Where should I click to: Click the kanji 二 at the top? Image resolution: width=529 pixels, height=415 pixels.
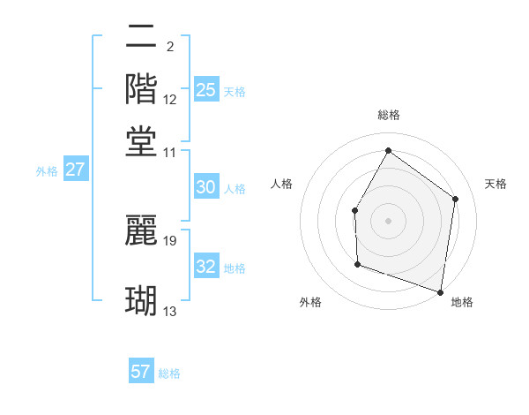(x=141, y=36)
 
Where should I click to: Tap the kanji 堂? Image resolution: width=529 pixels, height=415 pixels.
(x=141, y=140)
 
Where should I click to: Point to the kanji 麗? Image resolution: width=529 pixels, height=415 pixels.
(x=141, y=229)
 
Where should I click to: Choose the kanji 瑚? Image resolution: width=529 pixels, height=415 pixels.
(x=141, y=300)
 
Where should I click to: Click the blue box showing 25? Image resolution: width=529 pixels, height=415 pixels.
(x=206, y=89)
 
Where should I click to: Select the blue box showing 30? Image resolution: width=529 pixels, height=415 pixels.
(x=206, y=187)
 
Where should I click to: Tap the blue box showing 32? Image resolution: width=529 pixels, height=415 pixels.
(x=206, y=267)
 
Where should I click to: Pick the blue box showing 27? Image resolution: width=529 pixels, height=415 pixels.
(x=75, y=170)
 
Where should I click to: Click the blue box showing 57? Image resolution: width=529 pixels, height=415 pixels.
(x=141, y=372)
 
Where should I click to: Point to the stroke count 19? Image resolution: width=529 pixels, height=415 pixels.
(x=171, y=239)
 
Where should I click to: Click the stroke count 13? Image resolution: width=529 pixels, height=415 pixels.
(x=170, y=311)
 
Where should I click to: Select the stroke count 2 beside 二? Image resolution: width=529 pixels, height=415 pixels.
(x=169, y=46)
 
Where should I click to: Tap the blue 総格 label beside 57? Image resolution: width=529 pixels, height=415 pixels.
(x=169, y=373)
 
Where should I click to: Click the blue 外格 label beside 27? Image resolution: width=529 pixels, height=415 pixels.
(x=46, y=171)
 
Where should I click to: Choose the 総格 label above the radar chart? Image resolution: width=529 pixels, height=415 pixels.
(x=389, y=115)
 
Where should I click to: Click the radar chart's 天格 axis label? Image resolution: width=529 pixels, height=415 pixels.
(x=495, y=184)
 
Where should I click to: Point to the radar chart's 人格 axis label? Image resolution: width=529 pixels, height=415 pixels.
(x=281, y=184)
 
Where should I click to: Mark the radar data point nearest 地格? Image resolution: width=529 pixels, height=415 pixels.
(x=440, y=290)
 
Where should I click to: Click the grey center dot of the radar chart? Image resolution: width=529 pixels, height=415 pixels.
(x=388, y=220)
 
